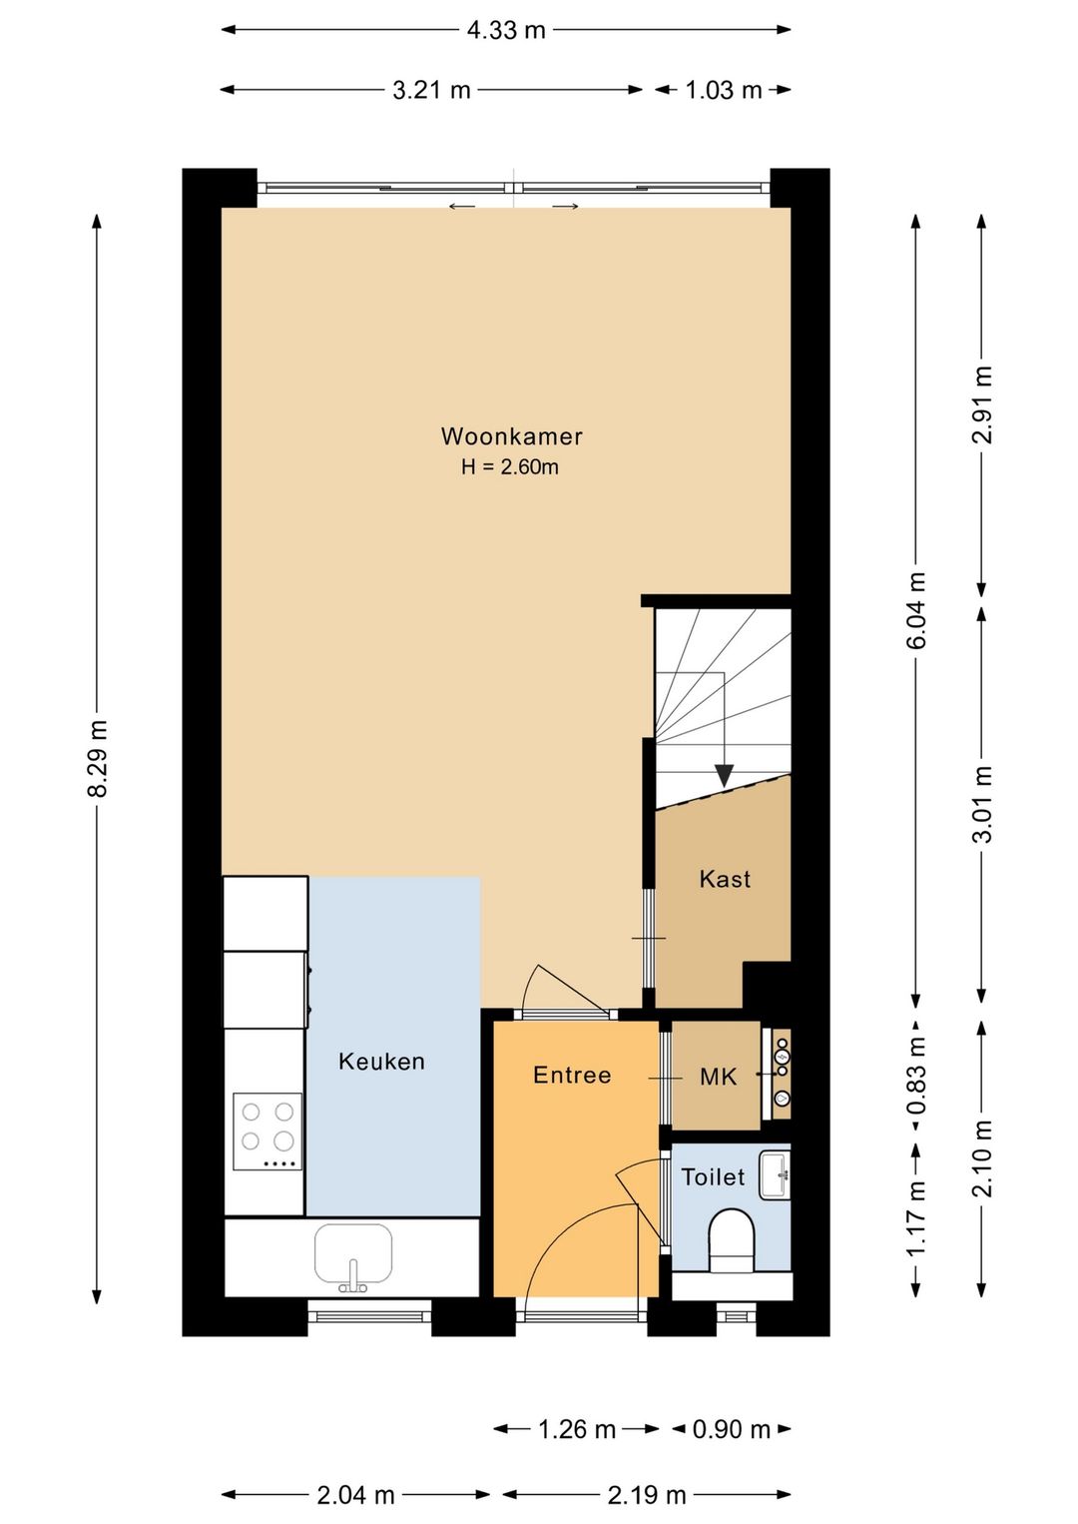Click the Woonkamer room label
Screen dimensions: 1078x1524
[511, 436]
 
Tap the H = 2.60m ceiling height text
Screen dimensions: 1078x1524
[509, 467]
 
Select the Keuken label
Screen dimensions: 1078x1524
[381, 1062]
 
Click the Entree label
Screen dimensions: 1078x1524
[572, 1075]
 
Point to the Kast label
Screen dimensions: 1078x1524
[725, 879]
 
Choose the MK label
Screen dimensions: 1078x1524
[719, 1077]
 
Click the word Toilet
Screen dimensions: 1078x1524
[713, 1177]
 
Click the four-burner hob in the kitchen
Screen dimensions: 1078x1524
[268, 1132]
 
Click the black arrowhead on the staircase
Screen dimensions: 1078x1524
[724, 775]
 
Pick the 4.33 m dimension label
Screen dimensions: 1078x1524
[506, 30]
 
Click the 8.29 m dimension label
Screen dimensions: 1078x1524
[98, 759]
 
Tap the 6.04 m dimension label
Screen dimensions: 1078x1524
[916, 610]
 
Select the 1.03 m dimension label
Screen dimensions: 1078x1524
[723, 90]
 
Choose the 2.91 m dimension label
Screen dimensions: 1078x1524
[981, 404]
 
